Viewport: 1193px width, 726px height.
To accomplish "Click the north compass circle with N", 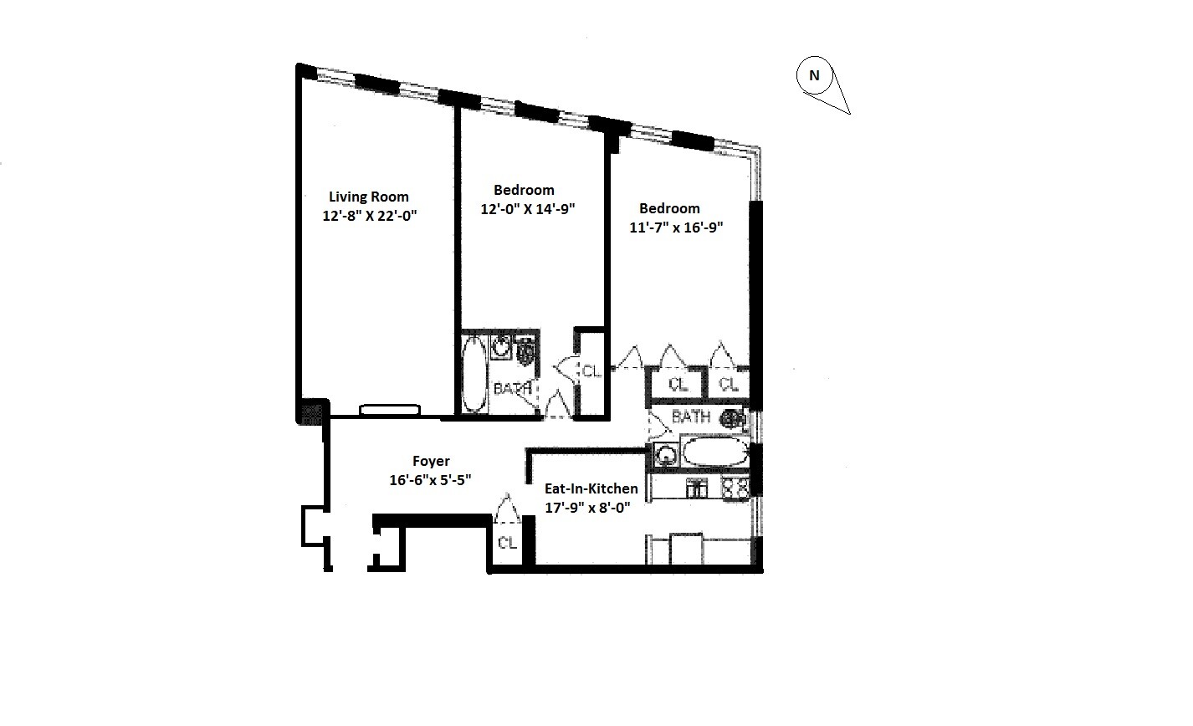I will [813, 75].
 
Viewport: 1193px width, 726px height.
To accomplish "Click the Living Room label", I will [368, 197].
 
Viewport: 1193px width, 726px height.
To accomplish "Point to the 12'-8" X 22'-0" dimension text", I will [369, 216].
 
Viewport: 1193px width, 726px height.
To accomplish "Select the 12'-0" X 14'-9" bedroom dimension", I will [528, 209].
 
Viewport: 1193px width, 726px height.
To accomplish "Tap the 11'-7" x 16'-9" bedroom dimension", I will [676, 227].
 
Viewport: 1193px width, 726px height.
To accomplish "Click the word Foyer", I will [431, 462].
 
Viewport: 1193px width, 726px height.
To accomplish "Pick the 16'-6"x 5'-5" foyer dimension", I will [431, 480].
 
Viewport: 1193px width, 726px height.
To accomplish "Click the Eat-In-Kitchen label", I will [591, 488].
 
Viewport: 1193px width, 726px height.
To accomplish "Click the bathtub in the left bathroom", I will [474, 373].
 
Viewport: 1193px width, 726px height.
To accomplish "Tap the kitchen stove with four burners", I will [734, 488].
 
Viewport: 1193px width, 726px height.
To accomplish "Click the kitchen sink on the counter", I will [694, 488].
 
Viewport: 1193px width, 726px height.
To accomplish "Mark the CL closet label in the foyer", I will [507, 543].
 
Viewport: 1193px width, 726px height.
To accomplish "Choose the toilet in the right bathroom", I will [734, 417].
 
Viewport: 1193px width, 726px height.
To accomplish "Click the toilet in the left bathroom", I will [525, 351].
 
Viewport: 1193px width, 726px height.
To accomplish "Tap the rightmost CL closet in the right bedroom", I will [729, 385].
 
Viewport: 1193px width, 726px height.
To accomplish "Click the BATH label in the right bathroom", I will [691, 417].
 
